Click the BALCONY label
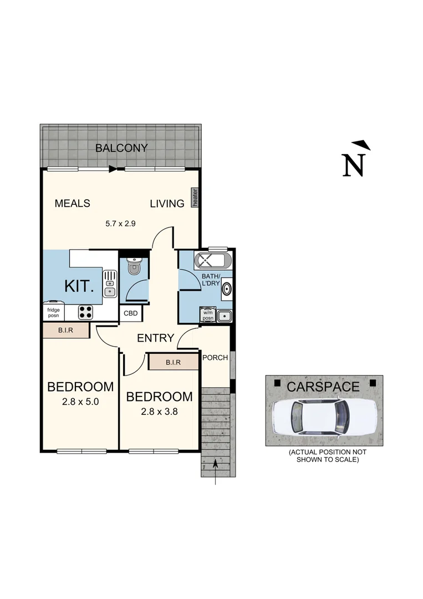pyautogui.click(x=121, y=148)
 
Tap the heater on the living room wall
pyautogui.click(x=195, y=197)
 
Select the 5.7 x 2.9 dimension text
pyautogui.click(x=120, y=224)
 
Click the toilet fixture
pyautogui.click(x=134, y=267)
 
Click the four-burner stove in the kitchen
pyautogui.click(x=85, y=312)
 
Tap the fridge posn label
pyautogui.click(x=54, y=312)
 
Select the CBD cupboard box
pyautogui.click(x=131, y=313)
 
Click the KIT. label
pyautogui.click(x=80, y=287)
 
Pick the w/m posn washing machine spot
pyautogui.click(x=207, y=314)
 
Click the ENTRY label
pyautogui.click(x=156, y=338)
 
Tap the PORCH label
pyautogui.click(x=215, y=357)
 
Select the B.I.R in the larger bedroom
pyautogui.click(x=66, y=331)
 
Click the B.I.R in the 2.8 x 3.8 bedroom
pyautogui.click(x=173, y=362)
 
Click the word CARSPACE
pyautogui.click(x=323, y=386)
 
